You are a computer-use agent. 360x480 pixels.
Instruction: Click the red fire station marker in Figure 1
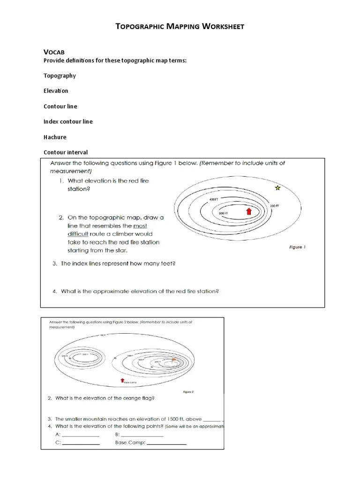tap(249, 212)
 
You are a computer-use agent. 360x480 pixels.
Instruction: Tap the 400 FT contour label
tap(214, 200)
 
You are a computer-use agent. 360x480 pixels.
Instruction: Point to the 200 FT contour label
tap(274, 206)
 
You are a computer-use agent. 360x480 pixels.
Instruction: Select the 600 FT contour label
tap(223, 213)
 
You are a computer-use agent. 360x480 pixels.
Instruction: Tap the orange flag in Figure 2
tap(174, 359)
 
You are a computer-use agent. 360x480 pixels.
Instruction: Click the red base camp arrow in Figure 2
tap(122, 380)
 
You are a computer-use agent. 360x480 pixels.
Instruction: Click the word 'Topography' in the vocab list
tap(60, 75)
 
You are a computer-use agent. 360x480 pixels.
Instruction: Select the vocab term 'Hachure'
tap(55, 137)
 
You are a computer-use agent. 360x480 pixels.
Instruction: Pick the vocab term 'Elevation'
tap(56, 90)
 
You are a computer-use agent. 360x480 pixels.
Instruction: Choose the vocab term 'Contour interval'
tap(66, 152)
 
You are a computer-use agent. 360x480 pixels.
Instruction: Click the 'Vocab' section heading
tap(53, 52)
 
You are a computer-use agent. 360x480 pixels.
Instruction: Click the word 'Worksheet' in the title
tap(223, 26)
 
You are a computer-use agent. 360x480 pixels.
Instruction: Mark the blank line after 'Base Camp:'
tap(166, 443)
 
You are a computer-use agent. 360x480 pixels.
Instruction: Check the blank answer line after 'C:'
tap(81, 443)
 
